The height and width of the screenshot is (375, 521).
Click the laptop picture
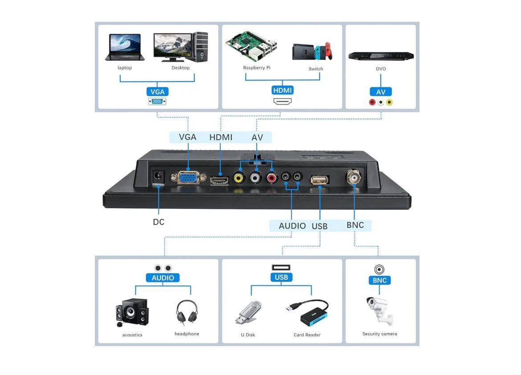tap(125, 47)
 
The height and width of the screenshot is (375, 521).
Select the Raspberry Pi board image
tap(251, 47)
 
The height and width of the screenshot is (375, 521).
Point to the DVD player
tap(381, 56)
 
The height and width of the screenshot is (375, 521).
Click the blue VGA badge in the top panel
tap(157, 92)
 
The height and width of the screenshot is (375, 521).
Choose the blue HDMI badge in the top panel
tap(282, 90)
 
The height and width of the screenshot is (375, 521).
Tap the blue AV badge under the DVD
tap(381, 92)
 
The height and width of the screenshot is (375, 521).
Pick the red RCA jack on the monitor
tap(271, 178)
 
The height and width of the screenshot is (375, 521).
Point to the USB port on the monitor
tap(319, 180)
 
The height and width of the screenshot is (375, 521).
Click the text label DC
tap(159, 222)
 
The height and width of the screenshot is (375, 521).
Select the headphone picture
tap(187, 312)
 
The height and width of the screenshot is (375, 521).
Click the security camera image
tap(379, 309)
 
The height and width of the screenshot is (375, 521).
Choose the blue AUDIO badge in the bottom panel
tap(163, 278)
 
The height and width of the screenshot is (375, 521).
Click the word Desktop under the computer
tap(180, 68)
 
